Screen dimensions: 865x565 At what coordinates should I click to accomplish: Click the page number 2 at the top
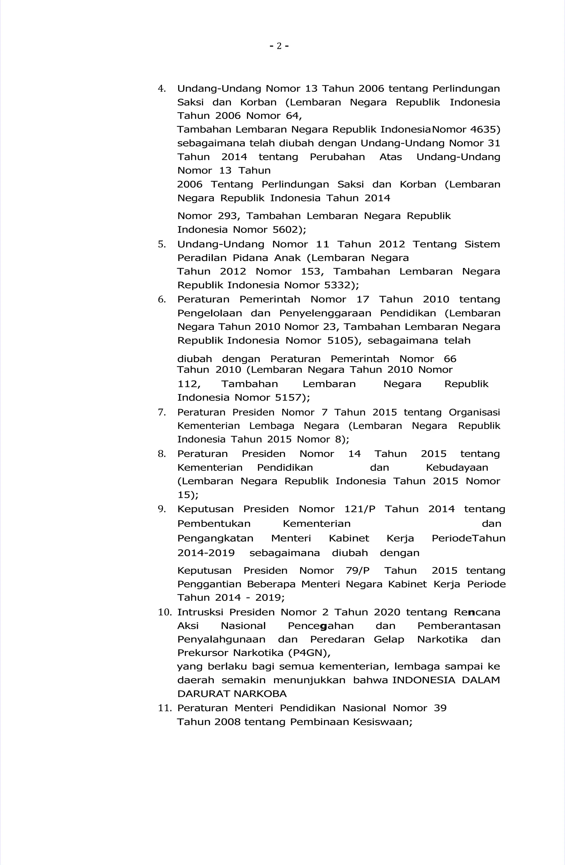pos(279,46)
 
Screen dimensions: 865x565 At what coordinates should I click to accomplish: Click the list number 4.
pos(161,89)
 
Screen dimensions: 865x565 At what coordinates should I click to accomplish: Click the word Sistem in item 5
pos(482,244)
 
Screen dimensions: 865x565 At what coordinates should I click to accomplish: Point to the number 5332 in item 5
pos(336,285)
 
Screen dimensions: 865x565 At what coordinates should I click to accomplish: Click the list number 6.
pos(161,299)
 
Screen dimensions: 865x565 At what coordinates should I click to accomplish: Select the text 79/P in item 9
pos(357,571)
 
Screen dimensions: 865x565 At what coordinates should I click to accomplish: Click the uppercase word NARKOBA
pos(260,694)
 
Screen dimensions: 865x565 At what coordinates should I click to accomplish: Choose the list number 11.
pos(164,708)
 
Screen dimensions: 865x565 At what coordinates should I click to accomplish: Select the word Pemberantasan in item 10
pos(459,626)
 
